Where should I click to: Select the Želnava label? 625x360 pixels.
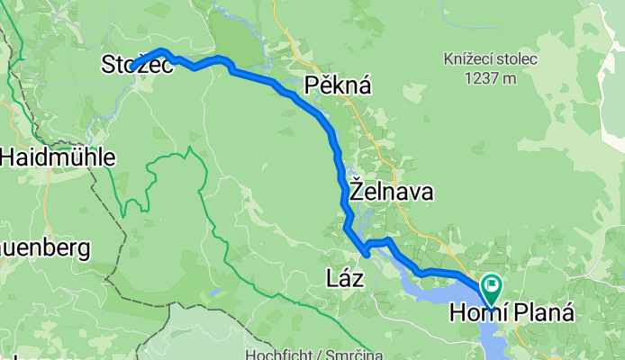coord(391,192)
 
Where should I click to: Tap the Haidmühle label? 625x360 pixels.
coord(58,157)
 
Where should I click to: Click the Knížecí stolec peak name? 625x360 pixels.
coord(490,60)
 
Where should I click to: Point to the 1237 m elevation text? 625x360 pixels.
coord(490,78)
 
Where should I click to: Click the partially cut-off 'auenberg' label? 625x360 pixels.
coord(45,247)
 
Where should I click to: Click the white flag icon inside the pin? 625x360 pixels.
coord(494,287)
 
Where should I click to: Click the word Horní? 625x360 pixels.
coord(476,314)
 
